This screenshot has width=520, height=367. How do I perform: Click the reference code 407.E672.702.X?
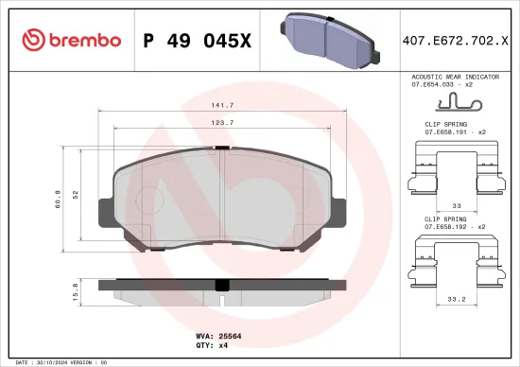click(x=455, y=40)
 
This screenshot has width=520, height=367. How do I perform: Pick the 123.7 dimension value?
click(x=224, y=123)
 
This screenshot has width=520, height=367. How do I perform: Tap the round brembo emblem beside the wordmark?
click(x=34, y=40)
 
